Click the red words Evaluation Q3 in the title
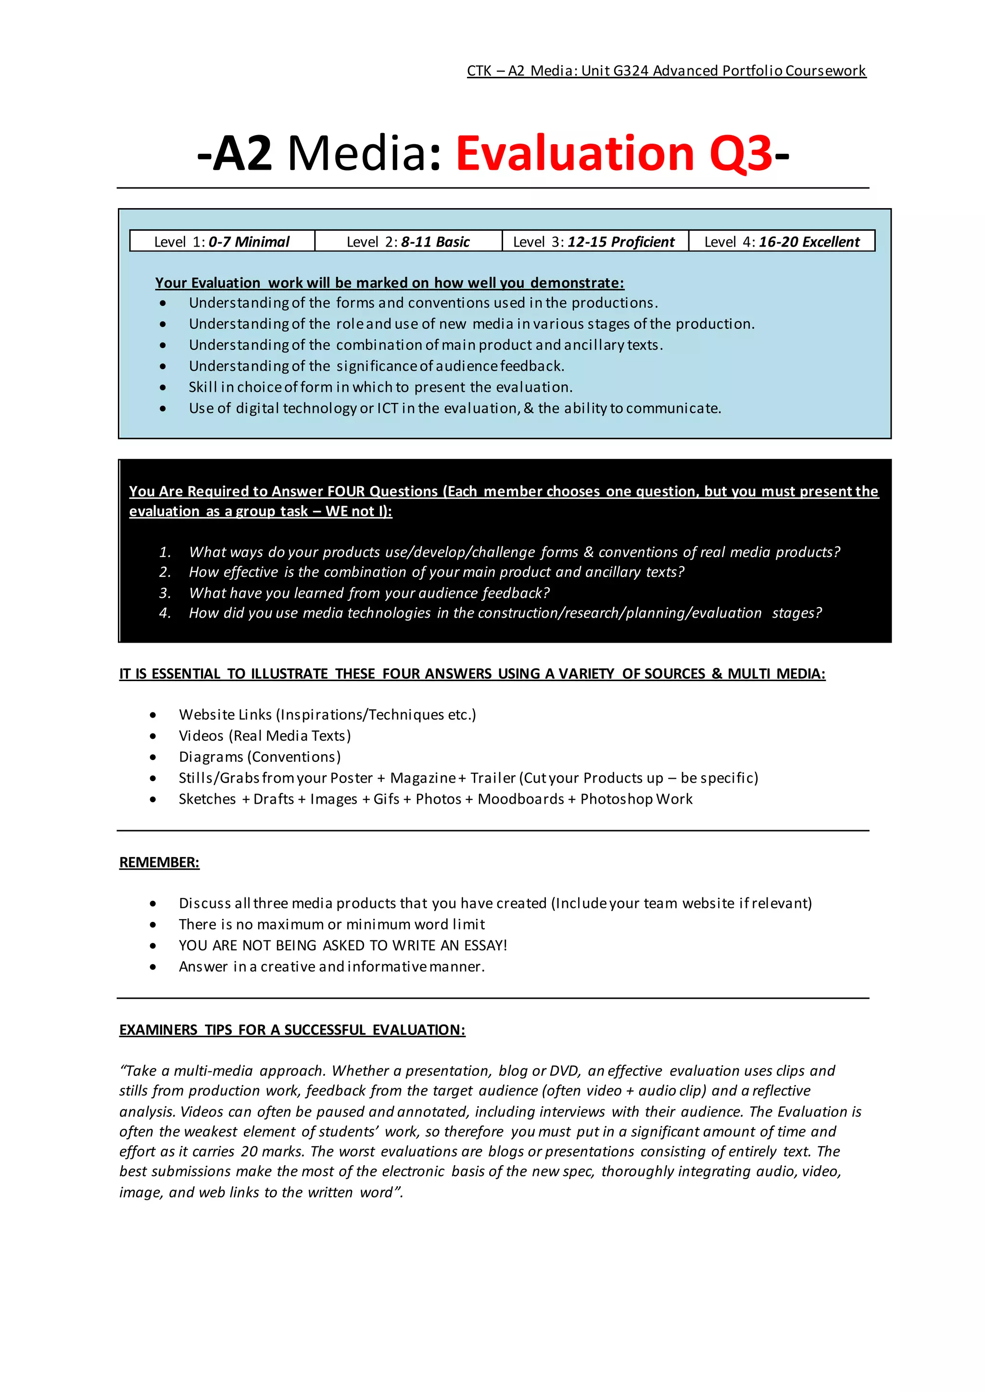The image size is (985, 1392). pos(614,153)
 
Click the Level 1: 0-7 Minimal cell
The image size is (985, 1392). pos(222,242)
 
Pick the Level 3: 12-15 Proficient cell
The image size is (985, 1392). pos(594,242)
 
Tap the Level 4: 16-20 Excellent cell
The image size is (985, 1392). pos(782,242)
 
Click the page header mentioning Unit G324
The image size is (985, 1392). pos(666,71)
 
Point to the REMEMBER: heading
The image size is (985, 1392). pos(159,862)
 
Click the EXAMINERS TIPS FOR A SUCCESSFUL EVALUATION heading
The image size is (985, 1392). pos(292,1030)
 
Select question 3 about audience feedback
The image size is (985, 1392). pos(369,593)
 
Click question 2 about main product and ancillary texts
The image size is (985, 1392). pos(436,572)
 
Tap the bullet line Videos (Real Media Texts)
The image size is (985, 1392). pos(265,735)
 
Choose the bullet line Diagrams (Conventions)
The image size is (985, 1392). pos(260,757)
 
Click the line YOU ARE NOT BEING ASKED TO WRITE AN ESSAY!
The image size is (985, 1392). pos(343,945)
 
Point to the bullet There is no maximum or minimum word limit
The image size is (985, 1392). pos(332,924)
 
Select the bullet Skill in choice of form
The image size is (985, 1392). pos(380,387)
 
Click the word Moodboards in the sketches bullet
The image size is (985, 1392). pos(520,799)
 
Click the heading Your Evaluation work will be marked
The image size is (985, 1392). pos(390,283)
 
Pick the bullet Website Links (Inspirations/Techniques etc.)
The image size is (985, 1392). pos(327,714)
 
